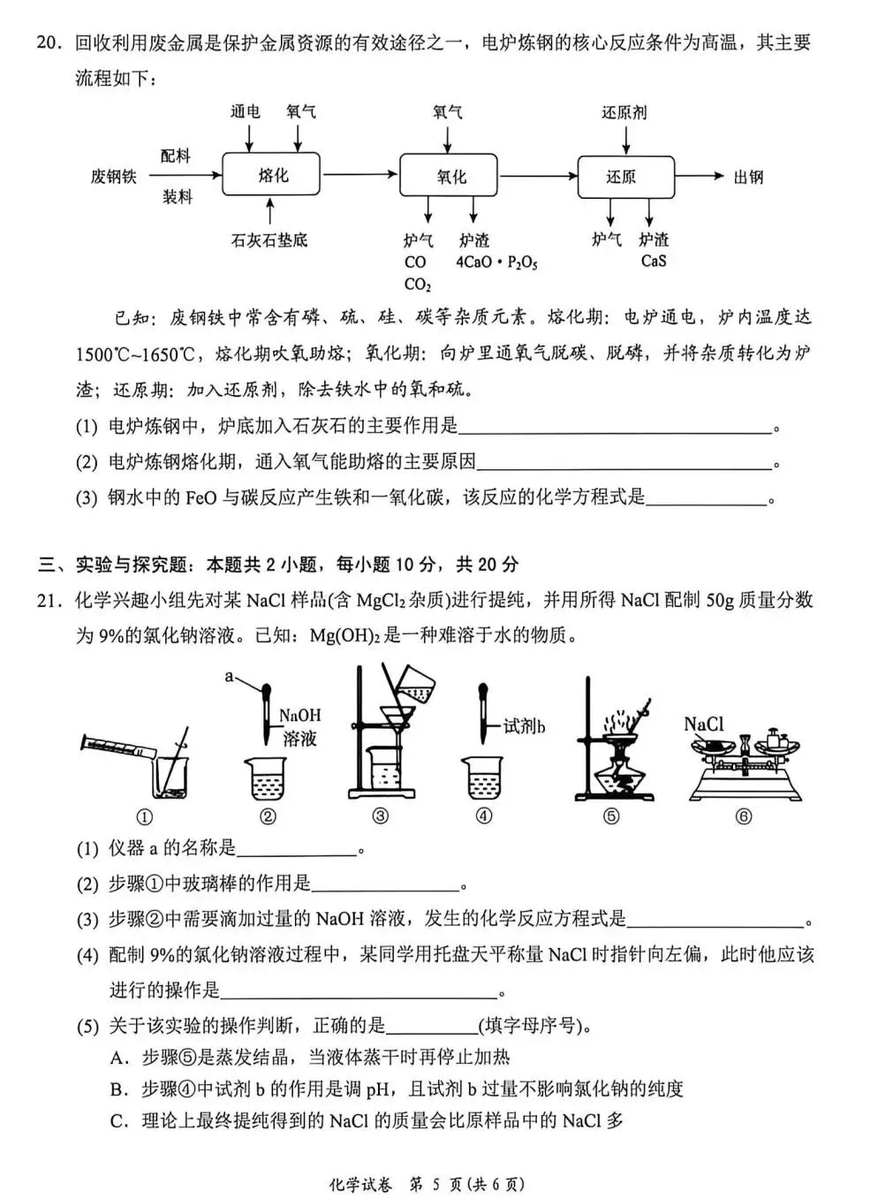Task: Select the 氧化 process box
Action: [x=450, y=177]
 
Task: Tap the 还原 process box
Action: [x=625, y=177]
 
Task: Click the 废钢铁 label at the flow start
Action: [x=114, y=177]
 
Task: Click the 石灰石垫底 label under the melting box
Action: [x=269, y=240]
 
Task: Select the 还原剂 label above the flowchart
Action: [x=624, y=113]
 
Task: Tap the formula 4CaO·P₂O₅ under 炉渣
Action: [x=496, y=262]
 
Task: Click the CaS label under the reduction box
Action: [x=654, y=262]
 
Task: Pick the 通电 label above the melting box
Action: [x=246, y=112]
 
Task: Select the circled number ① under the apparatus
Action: [x=144, y=817]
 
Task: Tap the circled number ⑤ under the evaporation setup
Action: [x=610, y=816]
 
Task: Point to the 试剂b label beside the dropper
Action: [x=524, y=726]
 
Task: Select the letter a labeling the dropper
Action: [x=229, y=677]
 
